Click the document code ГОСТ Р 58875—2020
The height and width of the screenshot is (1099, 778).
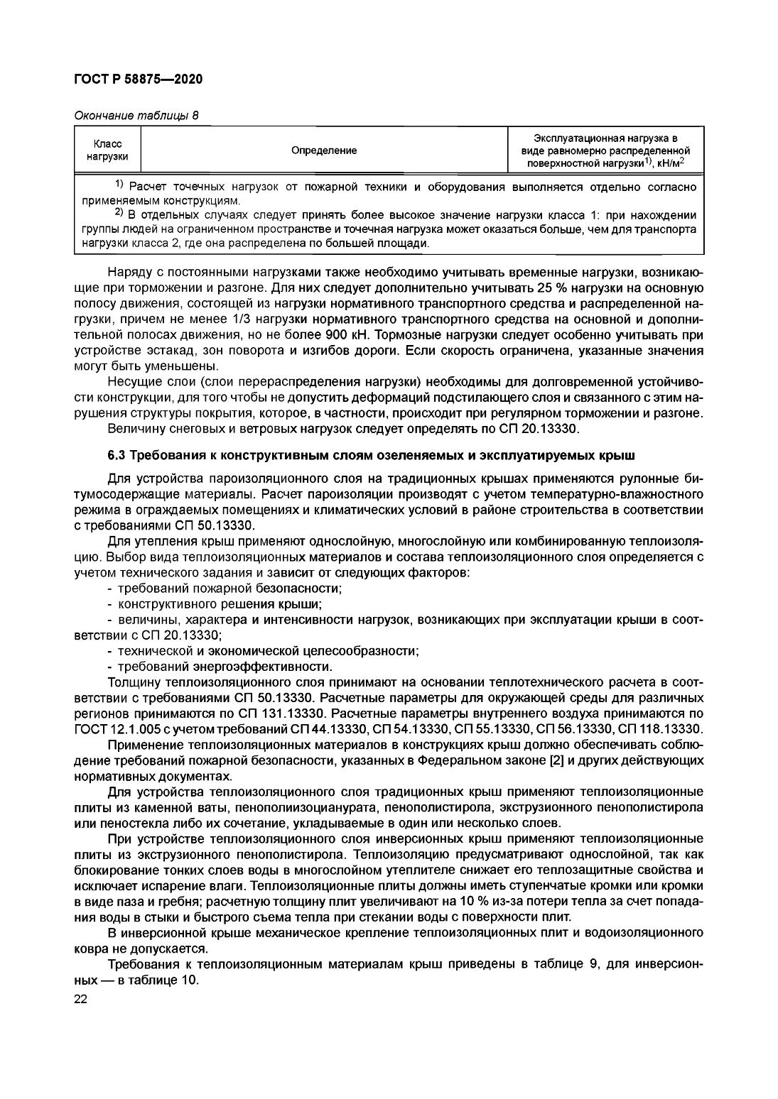click(x=138, y=80)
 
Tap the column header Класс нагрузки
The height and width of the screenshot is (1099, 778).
click(x=107, y=151)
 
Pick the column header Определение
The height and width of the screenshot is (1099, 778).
click(x=324, y=151)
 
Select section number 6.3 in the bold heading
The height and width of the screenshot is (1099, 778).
click(x=117, y=454)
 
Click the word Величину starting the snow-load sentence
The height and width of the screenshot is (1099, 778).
click(x=135, y=429)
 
